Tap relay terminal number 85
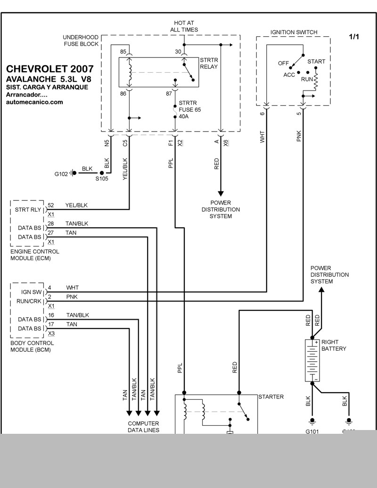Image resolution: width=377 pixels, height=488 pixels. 123,52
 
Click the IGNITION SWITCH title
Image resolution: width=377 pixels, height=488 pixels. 294,32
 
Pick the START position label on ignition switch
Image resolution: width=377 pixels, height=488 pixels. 316,61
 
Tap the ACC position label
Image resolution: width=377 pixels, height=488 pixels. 289,74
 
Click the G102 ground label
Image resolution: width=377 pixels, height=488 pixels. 61,174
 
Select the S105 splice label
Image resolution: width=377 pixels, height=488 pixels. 102,179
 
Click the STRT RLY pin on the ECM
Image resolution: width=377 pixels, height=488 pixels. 28,209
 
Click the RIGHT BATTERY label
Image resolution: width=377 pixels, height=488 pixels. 334,346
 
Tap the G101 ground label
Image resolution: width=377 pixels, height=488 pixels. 312,431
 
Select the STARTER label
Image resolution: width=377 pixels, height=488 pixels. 271,397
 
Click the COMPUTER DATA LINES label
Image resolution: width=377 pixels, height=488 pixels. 143,427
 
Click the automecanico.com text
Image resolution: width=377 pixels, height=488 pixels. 34,102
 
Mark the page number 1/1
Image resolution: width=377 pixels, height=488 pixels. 354,36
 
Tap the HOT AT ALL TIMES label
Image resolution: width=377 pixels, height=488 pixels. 184,26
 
